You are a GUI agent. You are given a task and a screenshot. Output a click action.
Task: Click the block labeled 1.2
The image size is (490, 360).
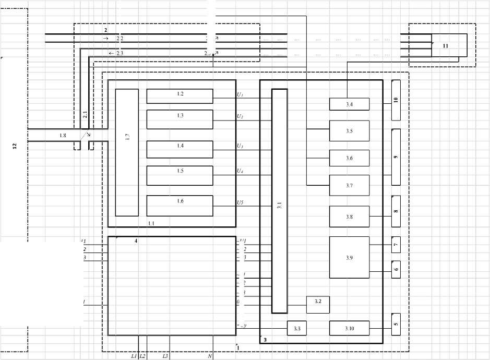point(180,96)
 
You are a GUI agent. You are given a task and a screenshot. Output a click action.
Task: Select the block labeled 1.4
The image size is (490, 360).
point(180,149)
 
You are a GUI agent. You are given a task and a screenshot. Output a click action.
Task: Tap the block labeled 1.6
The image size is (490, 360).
point(180,205)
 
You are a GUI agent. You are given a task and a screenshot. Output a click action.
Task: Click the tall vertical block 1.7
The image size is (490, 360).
point(127,152)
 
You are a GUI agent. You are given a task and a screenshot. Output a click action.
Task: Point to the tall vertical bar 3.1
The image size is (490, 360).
point(280,201)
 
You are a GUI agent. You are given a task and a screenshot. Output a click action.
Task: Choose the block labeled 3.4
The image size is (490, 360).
point(349,104)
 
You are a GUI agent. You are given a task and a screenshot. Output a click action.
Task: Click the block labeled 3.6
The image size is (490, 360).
point(349,158)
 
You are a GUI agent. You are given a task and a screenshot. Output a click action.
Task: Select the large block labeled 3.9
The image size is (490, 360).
point(349,258)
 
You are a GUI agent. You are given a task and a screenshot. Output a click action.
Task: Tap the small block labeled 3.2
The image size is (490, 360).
point(318,302)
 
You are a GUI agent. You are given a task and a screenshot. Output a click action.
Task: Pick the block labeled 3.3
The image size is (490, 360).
point(297,328)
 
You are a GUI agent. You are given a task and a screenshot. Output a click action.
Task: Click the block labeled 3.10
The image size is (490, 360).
point(349,328)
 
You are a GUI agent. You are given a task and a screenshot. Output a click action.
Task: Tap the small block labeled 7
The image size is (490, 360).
point(396,244)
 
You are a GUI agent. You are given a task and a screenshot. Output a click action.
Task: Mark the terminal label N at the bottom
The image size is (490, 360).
point(210,356)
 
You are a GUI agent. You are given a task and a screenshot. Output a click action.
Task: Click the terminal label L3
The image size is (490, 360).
point(165,356)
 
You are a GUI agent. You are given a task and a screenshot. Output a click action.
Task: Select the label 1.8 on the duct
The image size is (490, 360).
point(63,136)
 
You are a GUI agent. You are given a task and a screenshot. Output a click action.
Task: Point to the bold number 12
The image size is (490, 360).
point(14,147)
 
